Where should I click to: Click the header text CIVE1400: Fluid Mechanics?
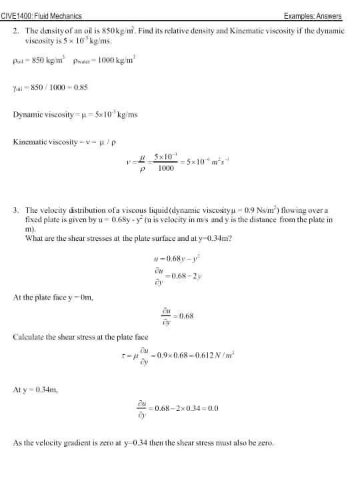coord(42,16)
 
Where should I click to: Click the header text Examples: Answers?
coord(313,16)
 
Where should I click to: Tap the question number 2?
coord(15,31)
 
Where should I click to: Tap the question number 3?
coord(15,210)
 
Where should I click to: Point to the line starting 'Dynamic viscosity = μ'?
coord(75,115)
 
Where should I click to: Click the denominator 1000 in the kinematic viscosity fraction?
coord(166,169)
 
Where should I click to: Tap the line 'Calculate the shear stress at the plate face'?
coord(81,338)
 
